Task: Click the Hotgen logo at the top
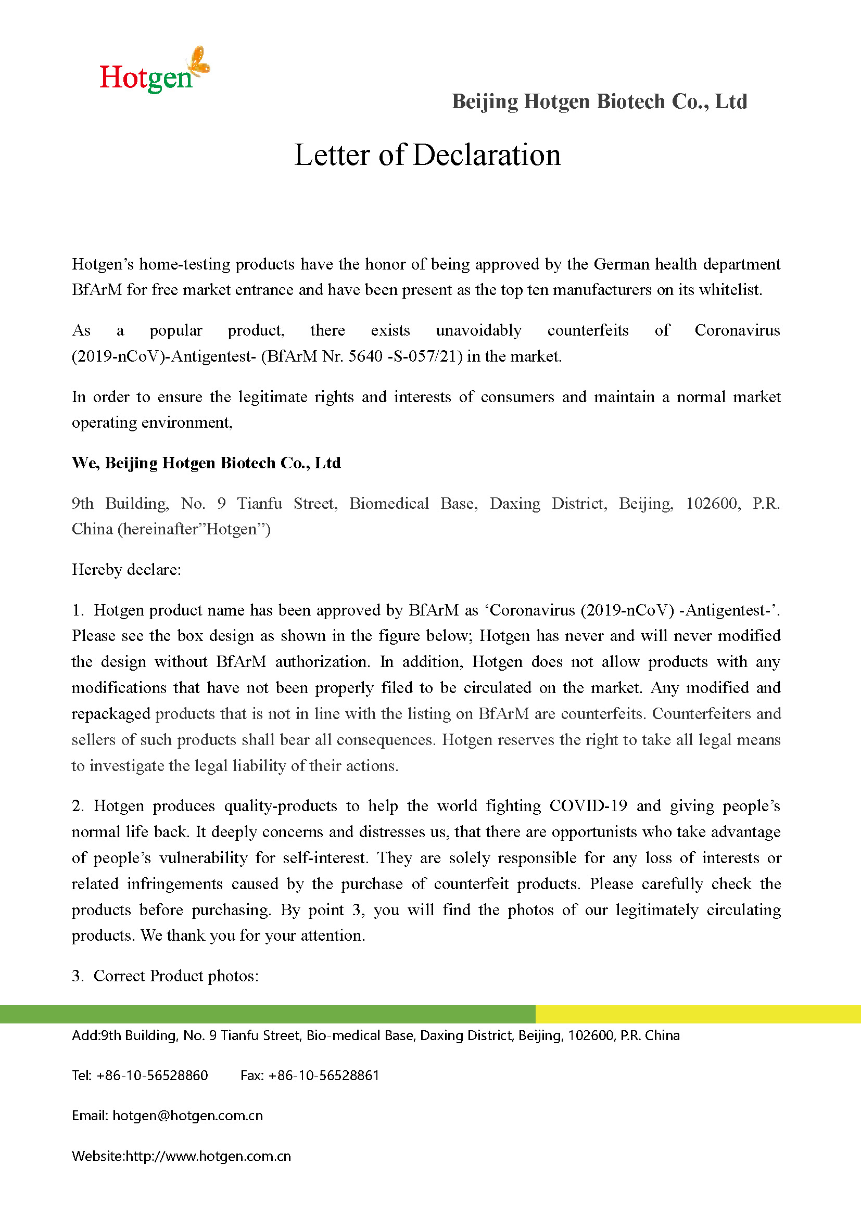[x=154, y=72]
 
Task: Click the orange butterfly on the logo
[x=200, y=60]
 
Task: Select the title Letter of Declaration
[x=427, y=155]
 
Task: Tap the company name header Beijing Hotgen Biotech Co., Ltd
[x=599, y=101]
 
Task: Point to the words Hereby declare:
[x=126, y=569]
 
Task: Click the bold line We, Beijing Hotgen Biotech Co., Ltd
[x=206, y=463]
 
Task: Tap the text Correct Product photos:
[x=176, y=976]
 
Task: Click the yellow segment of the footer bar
[x=698, y=1014]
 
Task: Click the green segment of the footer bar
[x=267, y=1014]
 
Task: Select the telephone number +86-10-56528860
[x=152, y=1075]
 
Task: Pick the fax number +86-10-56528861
[x=324, y=1075]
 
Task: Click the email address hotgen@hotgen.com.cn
[x=188, y=1116]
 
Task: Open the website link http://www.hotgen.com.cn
[x=208, y=1156]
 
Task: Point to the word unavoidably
[x=478, y=330]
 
